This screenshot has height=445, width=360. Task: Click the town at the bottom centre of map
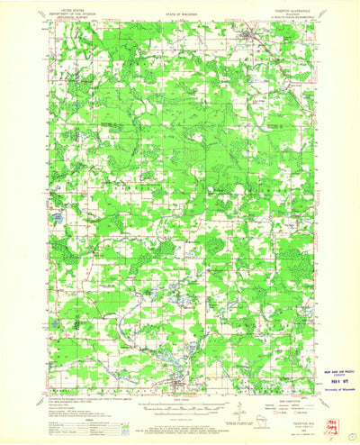click(177, 364)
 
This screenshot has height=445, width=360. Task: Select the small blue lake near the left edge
click(56, 217)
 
